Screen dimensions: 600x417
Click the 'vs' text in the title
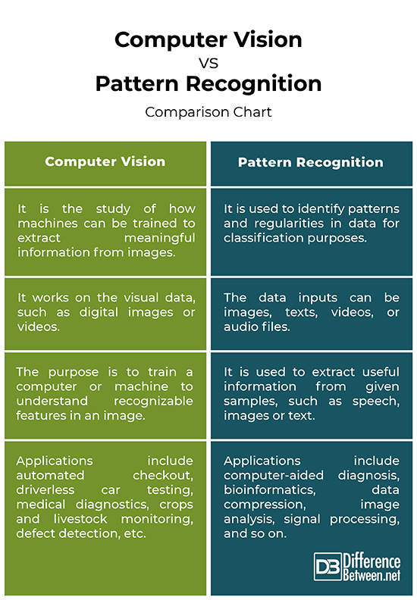point(208,62)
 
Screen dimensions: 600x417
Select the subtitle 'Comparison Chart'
point(208,112)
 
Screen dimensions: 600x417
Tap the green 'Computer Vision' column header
point(105,162)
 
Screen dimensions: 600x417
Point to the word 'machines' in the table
point(49,223)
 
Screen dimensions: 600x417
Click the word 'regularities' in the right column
point(282,223)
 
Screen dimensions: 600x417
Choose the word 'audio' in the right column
point(242,327)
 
